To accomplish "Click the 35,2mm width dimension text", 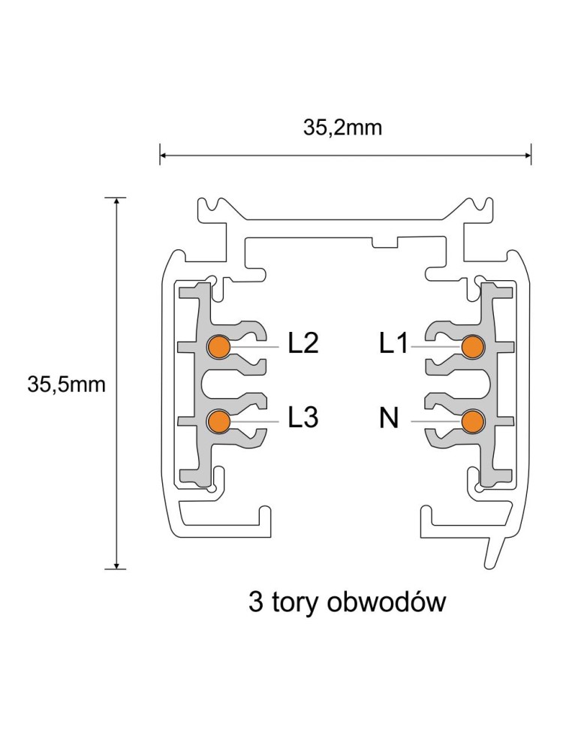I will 342,128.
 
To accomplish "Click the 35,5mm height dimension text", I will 67,385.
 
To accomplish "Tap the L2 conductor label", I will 303,344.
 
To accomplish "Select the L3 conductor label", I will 303,418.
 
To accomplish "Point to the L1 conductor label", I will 393,344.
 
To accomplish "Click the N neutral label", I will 389,418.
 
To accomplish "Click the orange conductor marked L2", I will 218,346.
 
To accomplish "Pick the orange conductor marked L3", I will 218,421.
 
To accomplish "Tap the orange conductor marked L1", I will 472,346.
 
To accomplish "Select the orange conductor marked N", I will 472,421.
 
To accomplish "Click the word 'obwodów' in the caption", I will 387,602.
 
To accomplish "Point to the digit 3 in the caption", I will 257,602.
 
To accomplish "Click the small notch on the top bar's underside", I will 384,242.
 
